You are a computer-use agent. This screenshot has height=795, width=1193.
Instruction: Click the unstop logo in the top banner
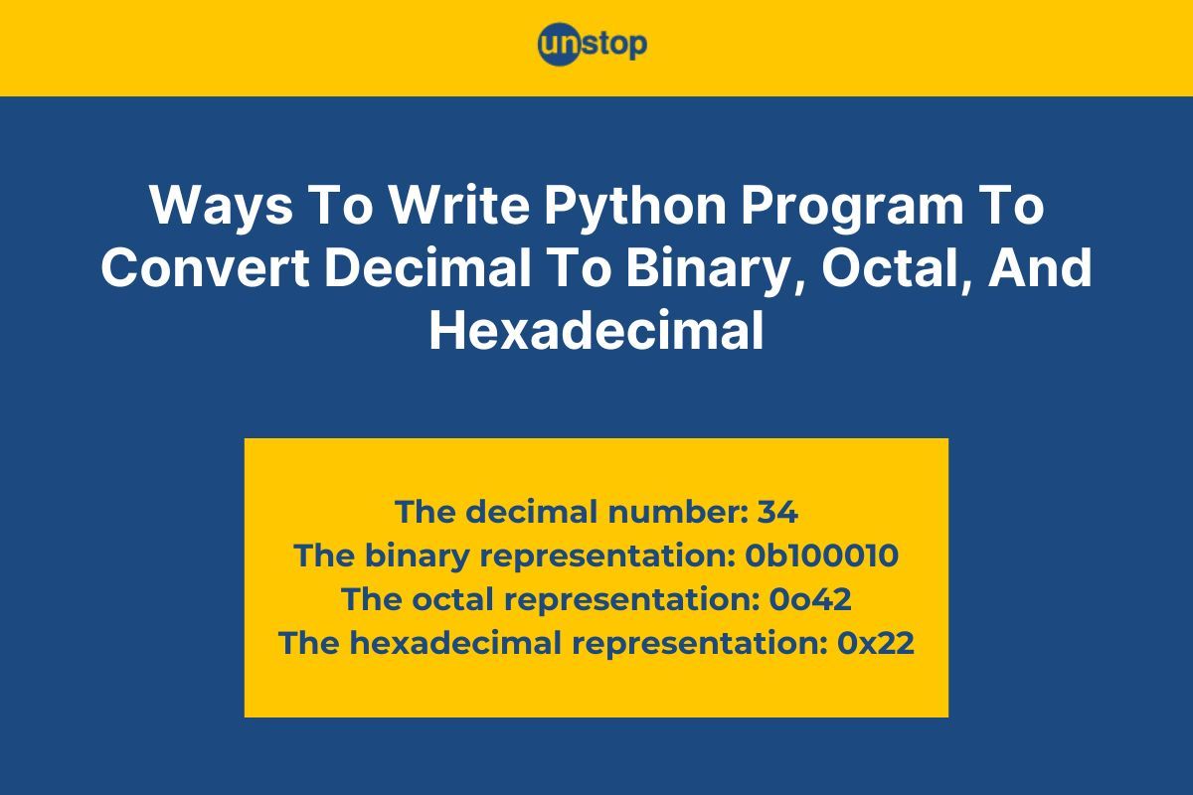click(x=593, y=44)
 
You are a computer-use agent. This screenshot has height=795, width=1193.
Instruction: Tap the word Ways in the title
click(x=221, y=206)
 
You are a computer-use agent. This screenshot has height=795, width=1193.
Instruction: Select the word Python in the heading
click(x=635, y=205)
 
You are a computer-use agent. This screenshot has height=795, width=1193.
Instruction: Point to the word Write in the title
click(x=459, y=205)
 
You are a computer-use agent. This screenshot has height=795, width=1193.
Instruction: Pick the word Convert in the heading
click(x=205, y=267)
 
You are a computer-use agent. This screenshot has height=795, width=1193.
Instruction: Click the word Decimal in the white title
click(x=427, y=266)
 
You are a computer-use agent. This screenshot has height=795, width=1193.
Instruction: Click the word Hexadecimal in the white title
click(x=596, y=330)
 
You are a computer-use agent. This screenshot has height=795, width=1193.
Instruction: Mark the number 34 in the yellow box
click(x=777, y=512)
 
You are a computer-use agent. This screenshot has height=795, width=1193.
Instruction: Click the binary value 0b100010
click(x=821, y=556)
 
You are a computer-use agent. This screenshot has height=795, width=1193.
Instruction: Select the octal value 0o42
click(x=810, y=599)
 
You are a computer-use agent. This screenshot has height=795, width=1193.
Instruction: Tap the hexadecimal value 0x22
click(x=876, y=643)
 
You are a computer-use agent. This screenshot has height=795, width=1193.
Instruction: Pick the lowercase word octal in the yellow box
click(x=452, y=598)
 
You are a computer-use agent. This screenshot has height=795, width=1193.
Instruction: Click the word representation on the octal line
click(x=631, y=600)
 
